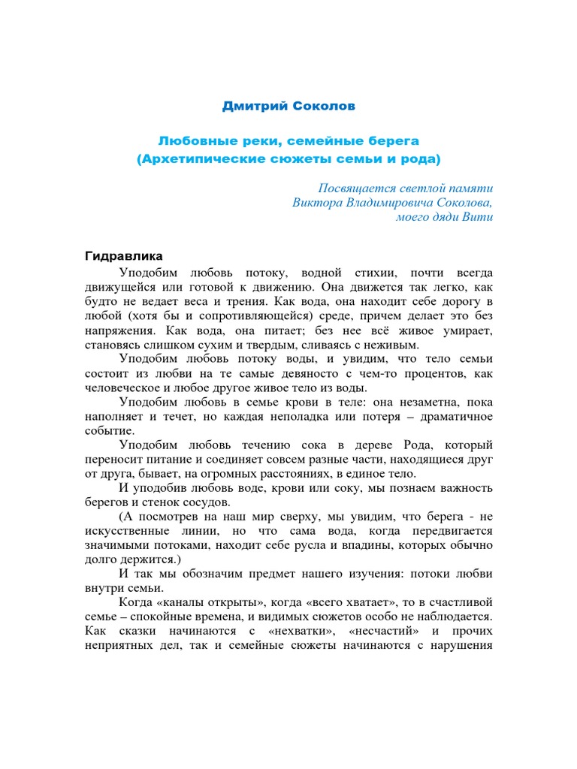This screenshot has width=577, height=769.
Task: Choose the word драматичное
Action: tap(451, 417)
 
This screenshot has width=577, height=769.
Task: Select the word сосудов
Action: tap(227, 503)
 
